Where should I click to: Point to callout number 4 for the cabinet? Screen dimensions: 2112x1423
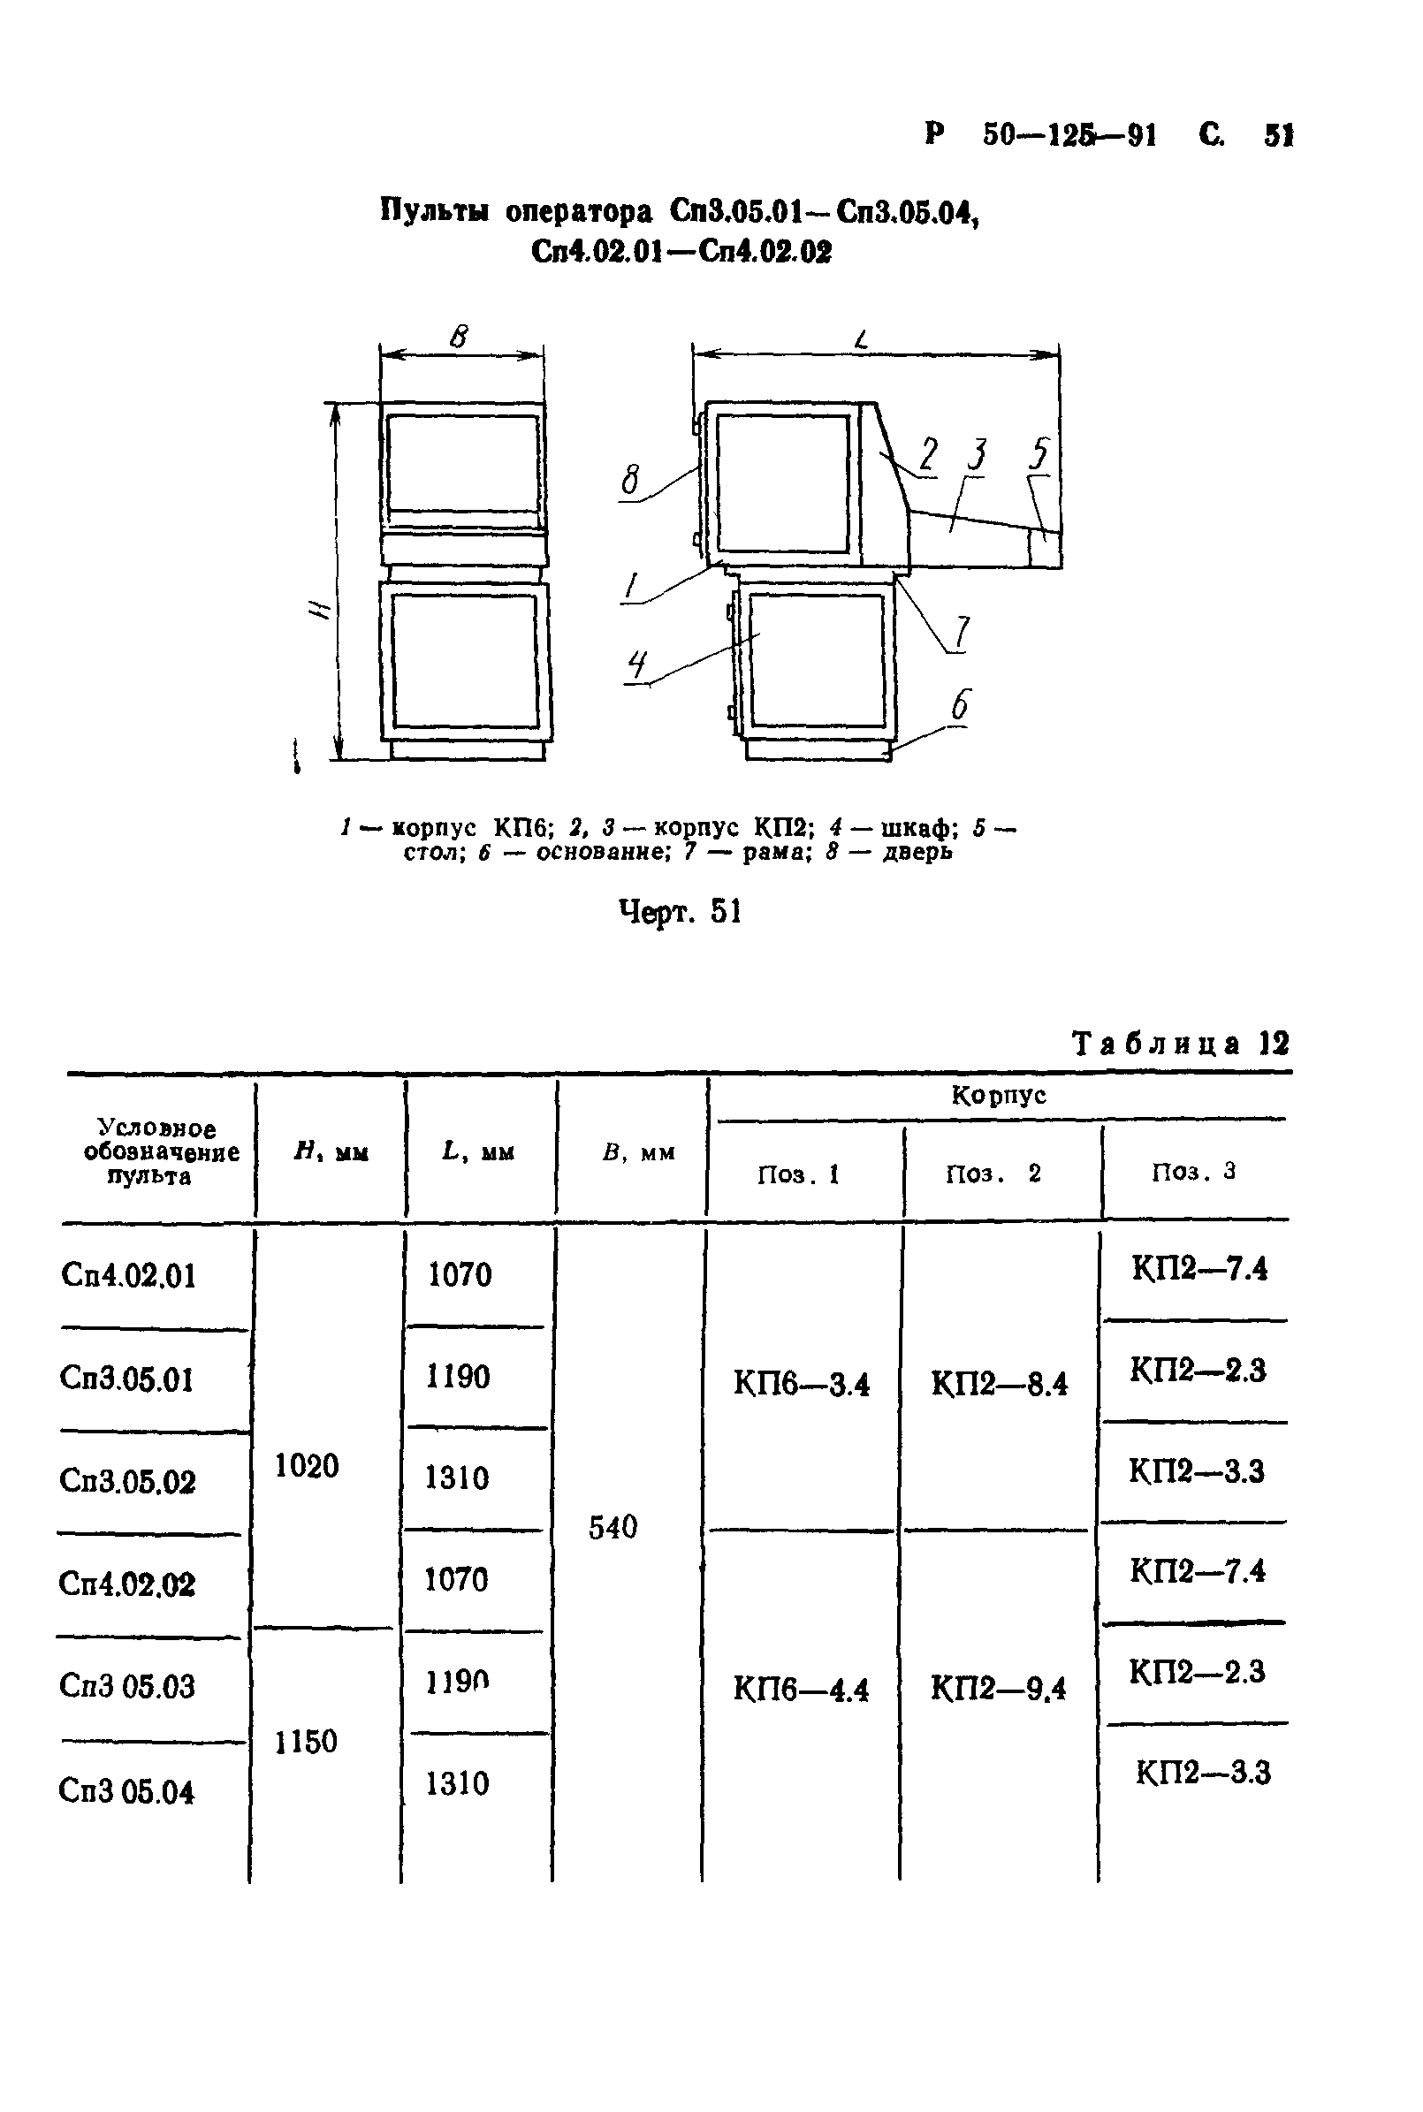point(638,667)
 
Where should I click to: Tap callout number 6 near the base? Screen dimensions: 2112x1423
point(960,705)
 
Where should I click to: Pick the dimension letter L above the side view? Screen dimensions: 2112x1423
point(862,340)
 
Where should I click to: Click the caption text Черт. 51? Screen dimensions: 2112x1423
point(680,911)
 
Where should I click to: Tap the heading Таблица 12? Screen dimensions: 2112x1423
point(1180,1044)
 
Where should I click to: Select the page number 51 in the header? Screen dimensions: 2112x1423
point(1278,136)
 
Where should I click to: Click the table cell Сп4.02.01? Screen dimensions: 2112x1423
point(128,1275)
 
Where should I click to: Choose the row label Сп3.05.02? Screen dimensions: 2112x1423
point(127,1480)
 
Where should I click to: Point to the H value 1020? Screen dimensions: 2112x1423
point(307,1465)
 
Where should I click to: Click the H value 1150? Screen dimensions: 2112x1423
point(306,1741)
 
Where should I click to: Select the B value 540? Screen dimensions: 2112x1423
point(613,1527)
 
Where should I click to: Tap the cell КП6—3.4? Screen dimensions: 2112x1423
point(802,1384)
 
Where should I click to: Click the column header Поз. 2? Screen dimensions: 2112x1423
point(993,1174)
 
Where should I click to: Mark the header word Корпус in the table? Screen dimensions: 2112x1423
point(998,1095)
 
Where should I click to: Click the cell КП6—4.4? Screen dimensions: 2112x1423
point(802,1689)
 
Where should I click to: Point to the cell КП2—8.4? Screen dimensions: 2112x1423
point(999,1384)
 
